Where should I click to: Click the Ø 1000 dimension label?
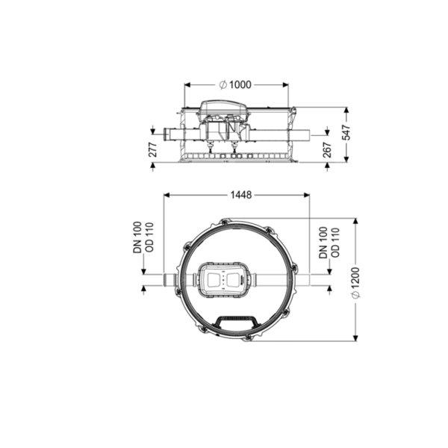click(235, 85)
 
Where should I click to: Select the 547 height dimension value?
click(346, 132)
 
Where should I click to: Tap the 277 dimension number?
click(153, 149)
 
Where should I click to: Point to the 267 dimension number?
click(327, 149)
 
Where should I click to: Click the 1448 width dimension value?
click(241, 195)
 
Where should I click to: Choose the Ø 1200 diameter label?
click(355, 283)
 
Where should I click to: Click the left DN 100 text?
click(137, 237)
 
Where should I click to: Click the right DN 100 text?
click(323, 243)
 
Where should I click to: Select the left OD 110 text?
click(149, 237)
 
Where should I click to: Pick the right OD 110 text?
click(335, 243)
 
